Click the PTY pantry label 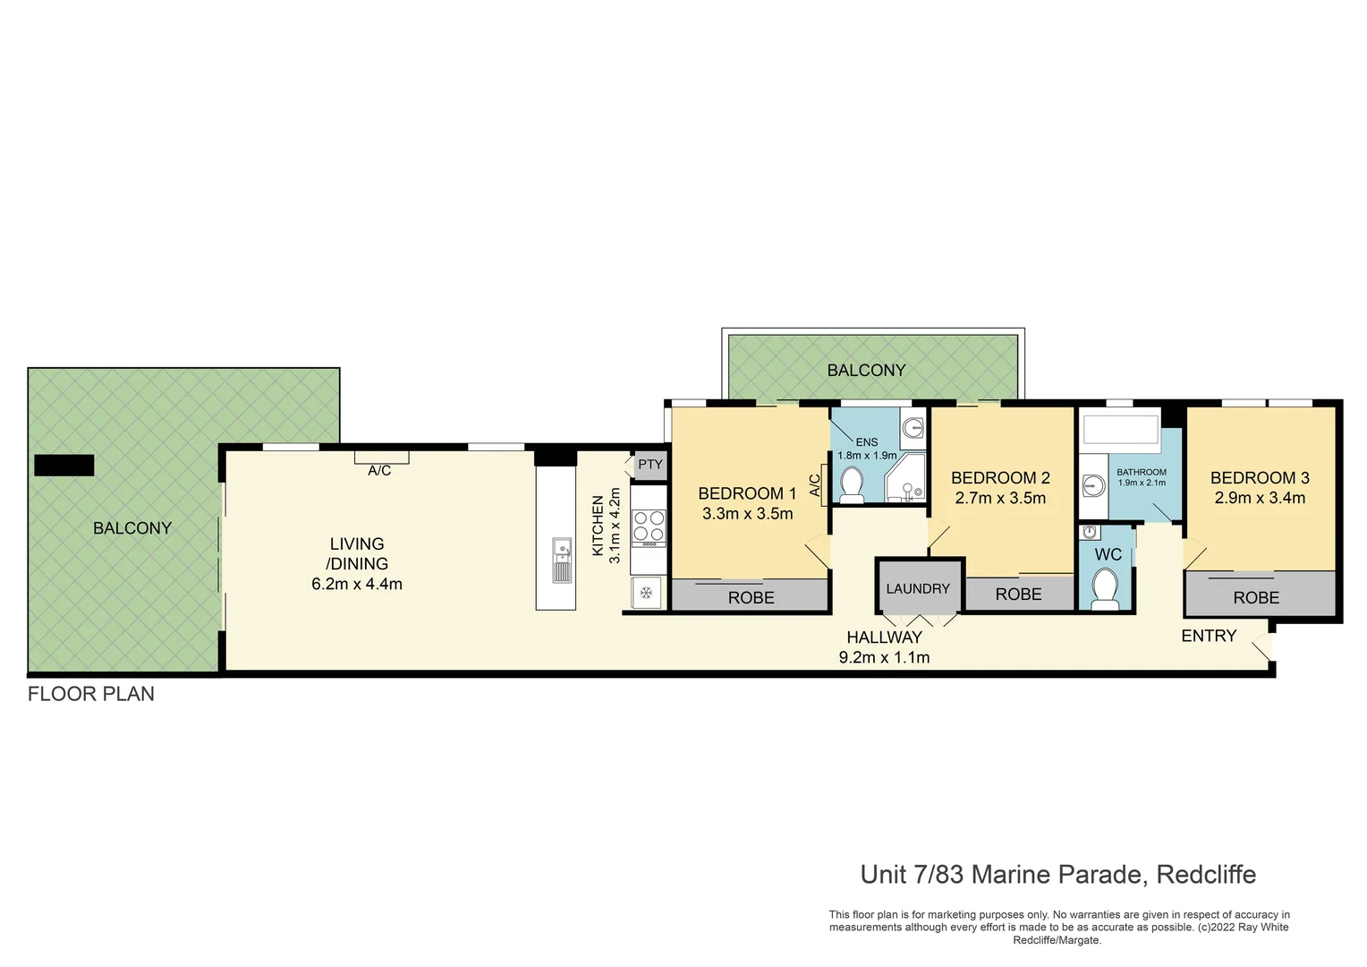650,465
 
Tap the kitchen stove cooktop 650,528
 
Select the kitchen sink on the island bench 562,561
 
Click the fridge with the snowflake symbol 646,592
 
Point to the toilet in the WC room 1106,589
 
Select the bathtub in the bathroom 1121,429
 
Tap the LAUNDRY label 918,588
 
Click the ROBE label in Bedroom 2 1018,594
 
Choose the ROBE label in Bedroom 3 1256,597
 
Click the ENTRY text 1209,636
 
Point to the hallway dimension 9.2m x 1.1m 884,657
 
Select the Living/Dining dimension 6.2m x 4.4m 357,584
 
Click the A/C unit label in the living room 380,470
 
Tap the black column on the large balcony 64,465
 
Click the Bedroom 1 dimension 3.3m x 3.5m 747,513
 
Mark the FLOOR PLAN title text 91,694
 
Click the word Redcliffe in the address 1206,874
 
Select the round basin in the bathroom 1093,486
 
